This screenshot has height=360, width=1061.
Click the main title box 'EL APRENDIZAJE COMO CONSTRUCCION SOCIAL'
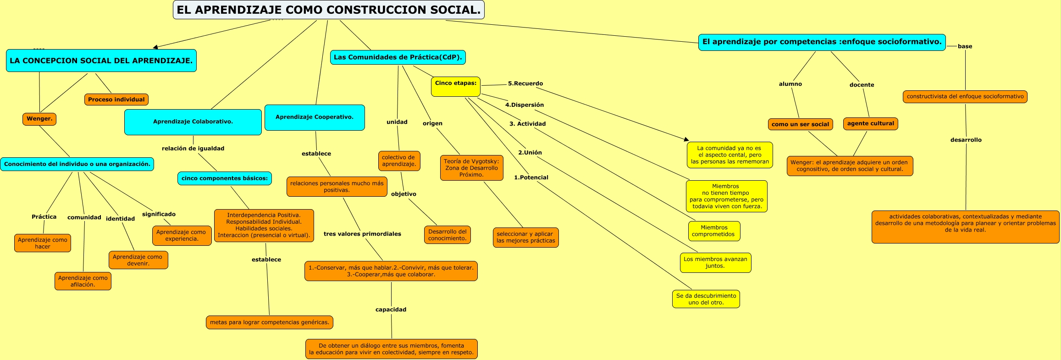(328, 10)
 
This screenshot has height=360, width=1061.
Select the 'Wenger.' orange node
(39, 119)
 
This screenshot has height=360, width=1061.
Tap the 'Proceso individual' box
(116, 100)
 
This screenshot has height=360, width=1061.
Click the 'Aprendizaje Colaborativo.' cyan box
(193, 122)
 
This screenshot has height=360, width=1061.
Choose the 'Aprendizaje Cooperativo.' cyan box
(315, 117)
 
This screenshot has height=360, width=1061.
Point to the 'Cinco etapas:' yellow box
(455, 86)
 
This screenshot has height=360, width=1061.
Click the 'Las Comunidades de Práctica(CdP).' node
(398, 57)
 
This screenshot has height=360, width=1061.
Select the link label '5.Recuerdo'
(525, 83)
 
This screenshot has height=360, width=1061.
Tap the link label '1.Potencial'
(531, 177)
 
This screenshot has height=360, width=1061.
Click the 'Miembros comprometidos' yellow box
(713, 231)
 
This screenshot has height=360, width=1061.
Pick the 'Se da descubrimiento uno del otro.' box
(706, 299)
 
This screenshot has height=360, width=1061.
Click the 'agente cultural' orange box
(870, 123)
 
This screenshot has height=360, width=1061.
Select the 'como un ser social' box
(800, 124)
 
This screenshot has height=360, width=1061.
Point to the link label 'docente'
(862, 85)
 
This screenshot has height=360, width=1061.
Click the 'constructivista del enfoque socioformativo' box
(965, 97)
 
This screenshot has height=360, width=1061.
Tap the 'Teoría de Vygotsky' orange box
(471, 168)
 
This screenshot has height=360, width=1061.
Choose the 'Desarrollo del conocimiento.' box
(447, 235)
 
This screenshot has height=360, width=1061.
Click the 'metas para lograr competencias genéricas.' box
(270, 322)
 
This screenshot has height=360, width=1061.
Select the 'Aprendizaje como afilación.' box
(83, 281)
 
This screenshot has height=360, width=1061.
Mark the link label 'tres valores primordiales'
(362, 234)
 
